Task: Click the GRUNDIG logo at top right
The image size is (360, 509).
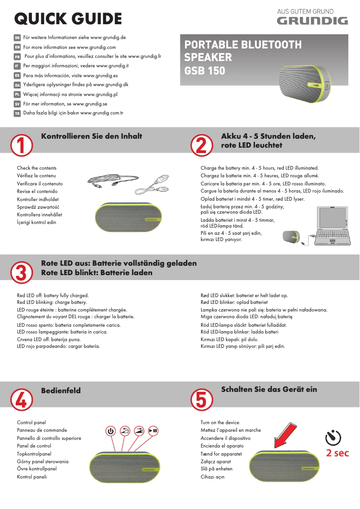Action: click(x=312, y=21)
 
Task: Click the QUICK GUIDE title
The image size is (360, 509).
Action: click(x=68, y=19)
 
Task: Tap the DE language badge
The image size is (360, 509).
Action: click(x=17, y=38)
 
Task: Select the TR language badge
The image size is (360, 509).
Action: click(x=17, y=113)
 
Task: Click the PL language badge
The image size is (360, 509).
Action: click(x=17, y=95)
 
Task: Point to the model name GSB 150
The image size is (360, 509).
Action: click(x=205, y=71)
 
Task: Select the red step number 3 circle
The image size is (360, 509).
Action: click(x=21, y=272)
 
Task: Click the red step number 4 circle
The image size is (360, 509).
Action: click(x=21, y=399)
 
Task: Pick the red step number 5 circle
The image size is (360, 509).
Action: click(x=201, y=399)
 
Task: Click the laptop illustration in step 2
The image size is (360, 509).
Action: click(x=333, y=227)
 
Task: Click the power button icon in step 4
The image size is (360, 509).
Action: click(x=111, y=431)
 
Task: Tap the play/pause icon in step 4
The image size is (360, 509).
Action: click(x=154, y=431)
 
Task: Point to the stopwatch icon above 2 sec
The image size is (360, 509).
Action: click(x=333, y=437)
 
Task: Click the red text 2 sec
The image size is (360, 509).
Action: click(x=337, y=453)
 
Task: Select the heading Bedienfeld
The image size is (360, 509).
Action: click(x=61, y=391)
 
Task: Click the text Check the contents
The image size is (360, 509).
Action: click(x=37, y=168)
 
